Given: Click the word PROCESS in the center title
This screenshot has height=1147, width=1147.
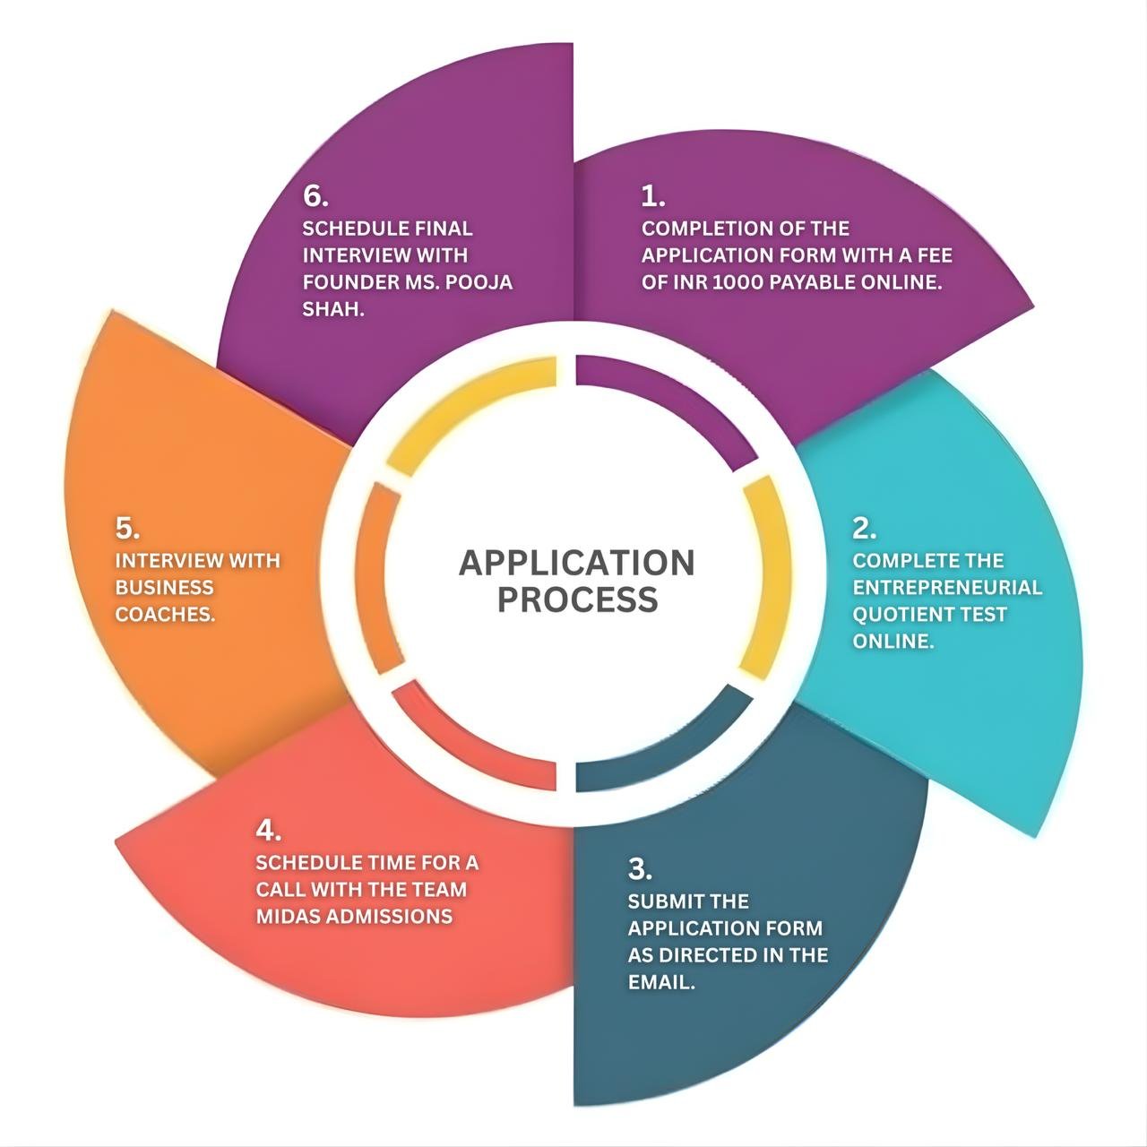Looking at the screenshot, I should pyautogui.click(x=577, y=599).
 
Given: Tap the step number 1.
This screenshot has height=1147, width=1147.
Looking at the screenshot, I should pyautogui.click(x=651, y=196).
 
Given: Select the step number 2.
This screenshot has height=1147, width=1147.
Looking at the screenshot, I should pyautogui.click(x=863, y=529).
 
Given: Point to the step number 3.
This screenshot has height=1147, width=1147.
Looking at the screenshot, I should pyautogui.click(x=639, y=869).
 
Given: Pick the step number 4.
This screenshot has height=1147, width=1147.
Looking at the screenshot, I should pyautogui.click(x=267, y=831).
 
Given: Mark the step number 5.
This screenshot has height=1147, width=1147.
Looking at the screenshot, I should pyautogui.click(x=126, y=529).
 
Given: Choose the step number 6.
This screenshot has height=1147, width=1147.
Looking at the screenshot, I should pyautogui.click(x=315, y=196).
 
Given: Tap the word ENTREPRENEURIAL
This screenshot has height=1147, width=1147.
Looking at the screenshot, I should pyautogui.click(x=947, y=588).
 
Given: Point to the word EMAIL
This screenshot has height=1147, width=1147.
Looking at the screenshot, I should pyautogui.click(x=660, y=982).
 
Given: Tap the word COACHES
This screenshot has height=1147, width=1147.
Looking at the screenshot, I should pyautogui.click(x=165, y=615).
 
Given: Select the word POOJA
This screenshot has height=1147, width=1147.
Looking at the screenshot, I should pyautogui.click(x=478, y=282).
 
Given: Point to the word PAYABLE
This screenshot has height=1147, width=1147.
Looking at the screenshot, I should pyautogui.click(x=809, y=282).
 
